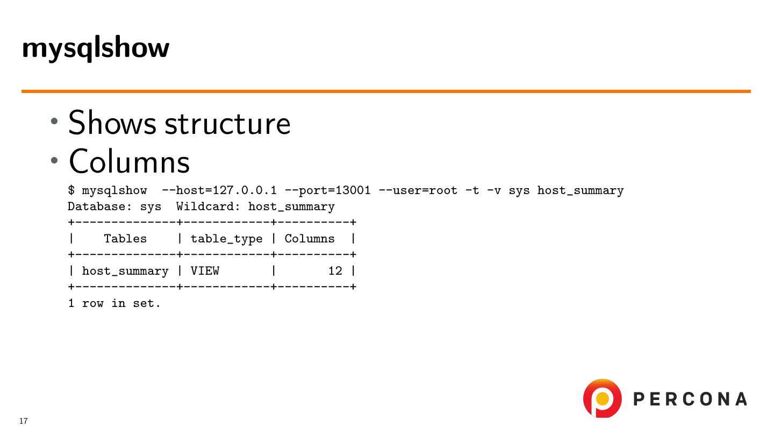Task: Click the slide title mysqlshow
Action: click(x=96, y=48)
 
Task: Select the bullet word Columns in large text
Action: click(x=129, y=161)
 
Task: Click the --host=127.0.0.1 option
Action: click(x=219, y=191)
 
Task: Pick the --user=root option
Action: click(x=418, y=191)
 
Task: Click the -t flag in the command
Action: click(x=472, y=191)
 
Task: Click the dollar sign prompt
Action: click(x=71, y=191)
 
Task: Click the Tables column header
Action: click(x=125, y=239)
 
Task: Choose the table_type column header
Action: click(x=226, y=239)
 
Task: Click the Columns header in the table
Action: click(x=309, y=239)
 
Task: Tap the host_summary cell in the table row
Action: click(x=125, y=271)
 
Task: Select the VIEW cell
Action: click(x=205, y=271)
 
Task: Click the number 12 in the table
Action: click(x=335, y=271)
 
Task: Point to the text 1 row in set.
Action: click(x=114, y=303)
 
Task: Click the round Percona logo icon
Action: click(x=602, y=398)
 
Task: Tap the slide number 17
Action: click(x=23, y=421)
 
